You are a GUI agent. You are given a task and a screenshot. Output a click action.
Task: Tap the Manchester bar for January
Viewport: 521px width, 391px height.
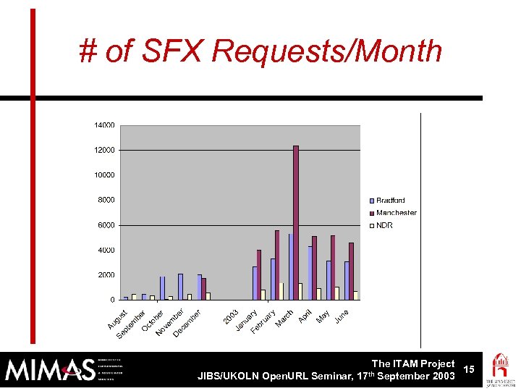click(x=258, y=274)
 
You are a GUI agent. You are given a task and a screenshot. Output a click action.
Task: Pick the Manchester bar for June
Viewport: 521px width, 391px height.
click(x=351, y=271)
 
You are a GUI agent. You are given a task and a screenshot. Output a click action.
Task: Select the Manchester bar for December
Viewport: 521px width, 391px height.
click(x=203, y=288)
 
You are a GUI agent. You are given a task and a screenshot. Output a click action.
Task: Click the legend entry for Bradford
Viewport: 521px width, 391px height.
click(x=389, y=201)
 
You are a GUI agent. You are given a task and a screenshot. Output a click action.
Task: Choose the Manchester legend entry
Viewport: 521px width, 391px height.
click(x=395, y=213)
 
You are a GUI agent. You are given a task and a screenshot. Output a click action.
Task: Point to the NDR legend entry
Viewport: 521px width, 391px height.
click(x=384, y=225)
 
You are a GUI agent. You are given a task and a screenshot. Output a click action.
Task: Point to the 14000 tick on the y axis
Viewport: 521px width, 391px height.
click(x=104, y=125)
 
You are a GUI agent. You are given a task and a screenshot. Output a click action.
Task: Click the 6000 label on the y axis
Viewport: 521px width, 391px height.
click(x=106, y=225)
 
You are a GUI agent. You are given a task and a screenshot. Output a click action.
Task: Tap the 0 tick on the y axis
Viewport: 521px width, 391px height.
click(x=111, y=300)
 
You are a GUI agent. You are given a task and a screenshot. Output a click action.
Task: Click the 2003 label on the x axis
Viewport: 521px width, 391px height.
click(x=231, y=316)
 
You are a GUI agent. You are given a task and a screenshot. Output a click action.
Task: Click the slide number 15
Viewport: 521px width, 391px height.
click(x=469, y=370)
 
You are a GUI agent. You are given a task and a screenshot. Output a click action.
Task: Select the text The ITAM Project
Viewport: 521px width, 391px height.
click(x=412, y=363)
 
